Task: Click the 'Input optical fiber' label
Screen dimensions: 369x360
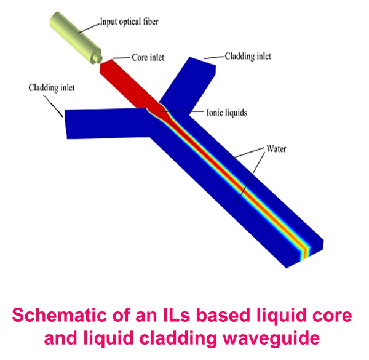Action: (x=129, y=22)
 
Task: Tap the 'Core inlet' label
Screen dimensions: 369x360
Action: (x=148, y=57)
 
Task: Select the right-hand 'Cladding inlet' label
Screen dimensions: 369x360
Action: (x=248, y=56)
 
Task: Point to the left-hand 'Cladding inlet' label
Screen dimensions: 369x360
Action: (x=52, y=88)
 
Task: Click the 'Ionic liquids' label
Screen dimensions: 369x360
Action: (x=226, y=113)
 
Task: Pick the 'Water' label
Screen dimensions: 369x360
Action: (x=276, y=149)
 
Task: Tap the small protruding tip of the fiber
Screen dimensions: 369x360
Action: (x=97, y=57)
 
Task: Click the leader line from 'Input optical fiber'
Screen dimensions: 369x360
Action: (x=89, y=28)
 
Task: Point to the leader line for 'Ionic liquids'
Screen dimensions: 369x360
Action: (x=181, y=111)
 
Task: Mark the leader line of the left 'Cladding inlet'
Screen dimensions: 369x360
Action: (x=53, y=106)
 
